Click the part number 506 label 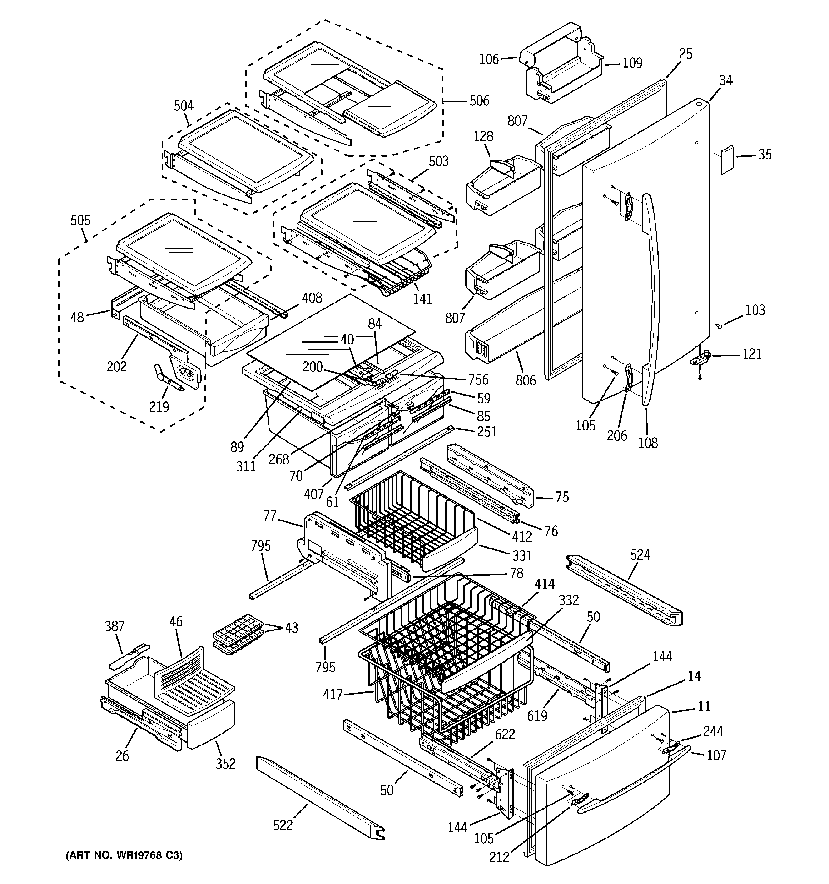pyautogui.click(x=479, y=101)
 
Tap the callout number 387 pyautogui.click(x=114, y=626)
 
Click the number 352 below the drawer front pyautogui.click(x=225, y=764)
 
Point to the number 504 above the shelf pyautogui.click(x=183, y=106)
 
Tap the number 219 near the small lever pyautogui.click(x=159, y=406)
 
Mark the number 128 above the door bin pyautogui.click(x=483, y=136)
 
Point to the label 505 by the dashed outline pyautogui.click(x=80, y=220)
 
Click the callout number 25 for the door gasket pyautogui.click(x=686, y=54)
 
